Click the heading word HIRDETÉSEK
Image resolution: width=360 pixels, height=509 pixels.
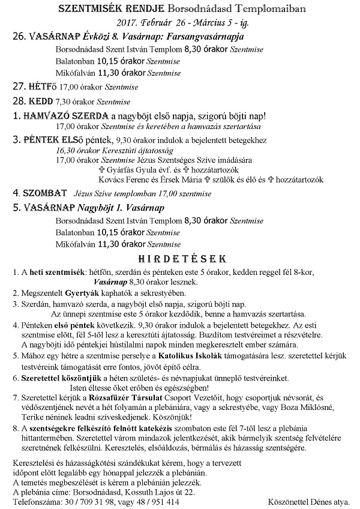(x=181, y=258)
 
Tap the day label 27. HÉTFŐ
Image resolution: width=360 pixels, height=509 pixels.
(x=32, y=87)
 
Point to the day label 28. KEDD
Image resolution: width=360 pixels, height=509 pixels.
(x=32, y=101)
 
